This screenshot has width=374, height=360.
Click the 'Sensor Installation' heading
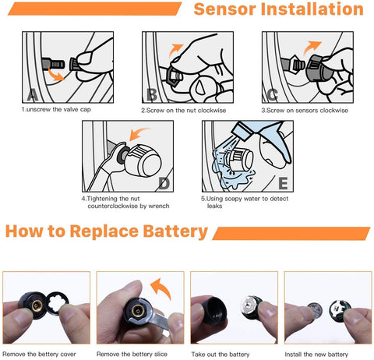[x=278, y=9]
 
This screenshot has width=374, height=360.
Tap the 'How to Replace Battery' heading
[x=107, y=231]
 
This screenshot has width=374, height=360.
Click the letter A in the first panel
[x=33, y=95]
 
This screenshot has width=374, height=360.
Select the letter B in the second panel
[x=152, y=95]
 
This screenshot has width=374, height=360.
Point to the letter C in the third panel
[x=272, y=95]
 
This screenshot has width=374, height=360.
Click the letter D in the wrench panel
[x=164, y=184]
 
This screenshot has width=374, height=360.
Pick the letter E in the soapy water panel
[x=283, y=183]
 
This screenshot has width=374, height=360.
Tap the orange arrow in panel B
[x=175, y=50]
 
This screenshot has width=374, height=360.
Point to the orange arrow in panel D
[x=138, y=132]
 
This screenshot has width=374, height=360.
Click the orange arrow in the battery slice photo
[x=161, y=288]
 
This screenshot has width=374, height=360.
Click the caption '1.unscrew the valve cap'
[x=56, y=109]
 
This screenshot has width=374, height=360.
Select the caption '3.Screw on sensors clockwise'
[x=305, y=111]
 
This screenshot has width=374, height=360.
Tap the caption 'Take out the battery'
[x=221, y=355]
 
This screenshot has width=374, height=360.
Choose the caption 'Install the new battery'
[x=316, y=355]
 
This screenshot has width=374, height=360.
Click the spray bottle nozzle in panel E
[x=242, y=131]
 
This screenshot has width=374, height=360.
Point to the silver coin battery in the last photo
[x=315, y=310]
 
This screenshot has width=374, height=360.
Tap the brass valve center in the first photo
[x=37, y=306]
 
